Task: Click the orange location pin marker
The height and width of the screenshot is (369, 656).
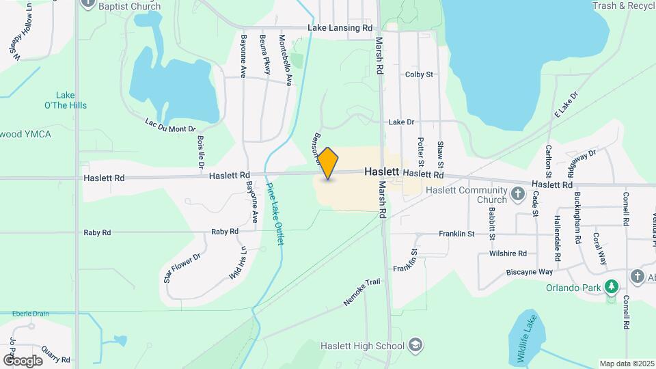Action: click(x=328, y=163)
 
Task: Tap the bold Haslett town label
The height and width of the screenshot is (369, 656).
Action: click(x=381, y=173)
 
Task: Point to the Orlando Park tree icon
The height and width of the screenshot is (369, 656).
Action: click(x=614, y=287)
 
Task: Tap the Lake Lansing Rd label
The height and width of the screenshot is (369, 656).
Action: click(x=340, y=28)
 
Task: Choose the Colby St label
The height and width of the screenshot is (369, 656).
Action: click(x=419, y=74)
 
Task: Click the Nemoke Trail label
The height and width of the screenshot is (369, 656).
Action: click(x=361, y=292)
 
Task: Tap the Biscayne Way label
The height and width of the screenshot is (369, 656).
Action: click(x=529, y=271)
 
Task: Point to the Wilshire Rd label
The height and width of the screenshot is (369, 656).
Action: click(x=508, y=253)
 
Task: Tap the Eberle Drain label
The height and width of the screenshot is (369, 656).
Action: click(x=30, y=314)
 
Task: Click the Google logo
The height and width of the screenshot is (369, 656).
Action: click(x=23, y=360)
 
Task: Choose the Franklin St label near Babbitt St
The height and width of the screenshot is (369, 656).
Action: click(x=456, y=234)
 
